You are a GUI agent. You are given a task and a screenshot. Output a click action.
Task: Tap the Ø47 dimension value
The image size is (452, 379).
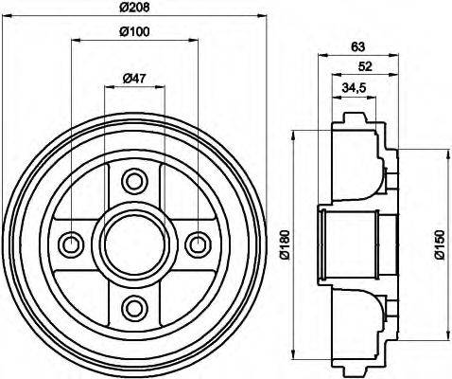tap(134, 78)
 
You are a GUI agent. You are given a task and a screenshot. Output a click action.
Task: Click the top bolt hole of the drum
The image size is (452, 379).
tap(133, 180)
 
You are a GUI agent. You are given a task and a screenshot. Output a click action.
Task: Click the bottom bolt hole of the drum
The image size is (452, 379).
tap(133, 306)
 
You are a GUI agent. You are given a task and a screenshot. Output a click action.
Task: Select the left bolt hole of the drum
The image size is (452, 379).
tap(71, 244)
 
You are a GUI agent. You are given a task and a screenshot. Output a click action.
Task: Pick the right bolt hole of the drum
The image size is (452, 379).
tap(197, 244)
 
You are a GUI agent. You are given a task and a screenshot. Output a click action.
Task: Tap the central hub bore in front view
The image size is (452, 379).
tap(133, 244)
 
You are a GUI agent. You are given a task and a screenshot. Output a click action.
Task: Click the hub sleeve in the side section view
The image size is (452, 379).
tap(350, 244)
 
